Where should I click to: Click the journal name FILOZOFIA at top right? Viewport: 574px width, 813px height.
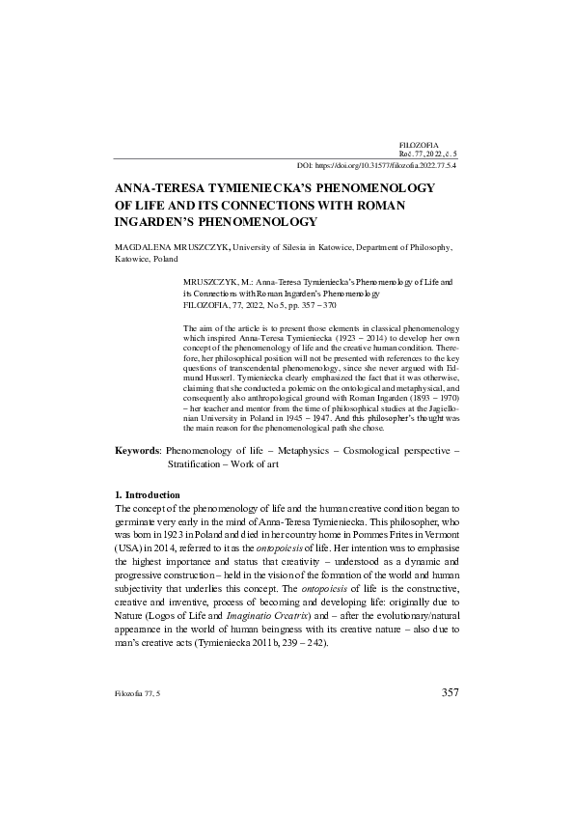pyautogui.click(x=416, y=143)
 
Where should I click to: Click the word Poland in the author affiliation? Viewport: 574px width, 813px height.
pyautogui.click(x=165, y=260)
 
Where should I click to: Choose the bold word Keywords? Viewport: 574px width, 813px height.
pyautogui.click(x=138, y=451)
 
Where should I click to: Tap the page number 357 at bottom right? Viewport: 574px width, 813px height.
pyautogui.click(x=449, y=692)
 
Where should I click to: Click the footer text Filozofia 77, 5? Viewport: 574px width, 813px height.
pyautogui.click(x=137, y=693)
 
